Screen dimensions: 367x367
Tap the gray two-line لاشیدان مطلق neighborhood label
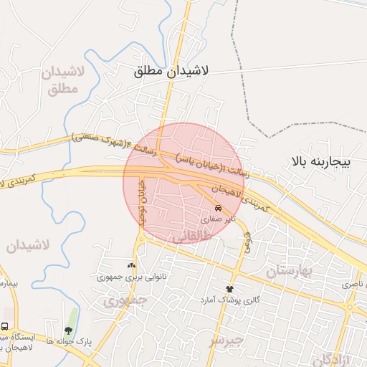[x=64, y=80]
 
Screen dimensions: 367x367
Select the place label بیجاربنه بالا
[x=320, y=162]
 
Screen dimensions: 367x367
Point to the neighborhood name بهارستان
[x=290, y=271]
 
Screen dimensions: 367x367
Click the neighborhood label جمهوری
[x=118, y=302]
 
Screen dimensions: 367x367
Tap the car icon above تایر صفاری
[x=228, y=209]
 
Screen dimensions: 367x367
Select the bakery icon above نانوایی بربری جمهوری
[x=130, y=264]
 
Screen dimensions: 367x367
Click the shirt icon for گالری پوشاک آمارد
[x=229, y=287]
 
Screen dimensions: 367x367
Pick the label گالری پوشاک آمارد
[x=229, y=299]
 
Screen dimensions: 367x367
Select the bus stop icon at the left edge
[x=5, y=326]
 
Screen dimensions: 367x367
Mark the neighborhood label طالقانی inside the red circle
[x=184, y=235]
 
